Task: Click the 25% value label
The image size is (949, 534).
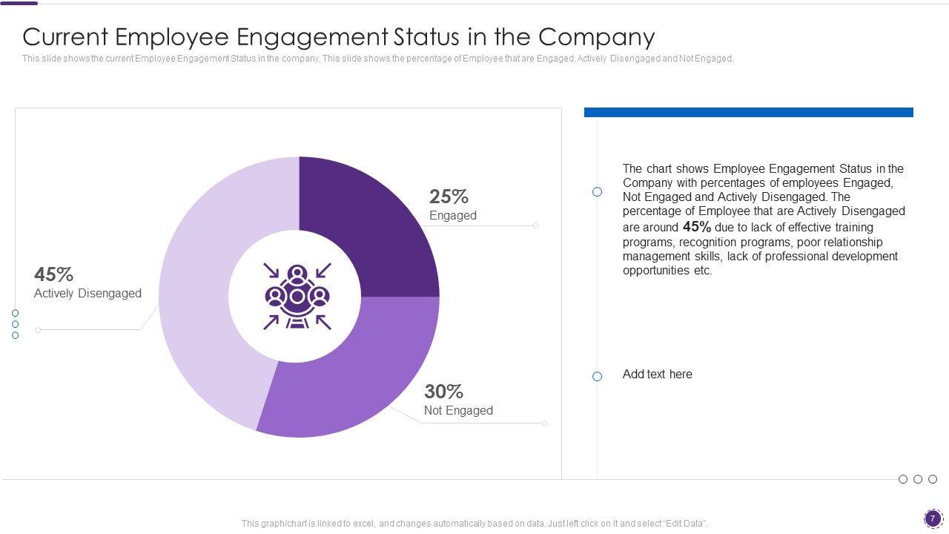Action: pyautogui.click(x=449, y=197)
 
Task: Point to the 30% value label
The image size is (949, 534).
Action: pyautogui.click(x=443, y=391)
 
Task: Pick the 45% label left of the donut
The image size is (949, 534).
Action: pyautogui.click(x=53, y=274)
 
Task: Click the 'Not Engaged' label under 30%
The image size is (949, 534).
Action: pyautogui.click(x=458, y=410)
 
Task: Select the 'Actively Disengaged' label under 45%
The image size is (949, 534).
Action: pyautogui.click(x=87, y=293)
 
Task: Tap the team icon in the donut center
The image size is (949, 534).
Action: pyautogui.click(x=297, y=297)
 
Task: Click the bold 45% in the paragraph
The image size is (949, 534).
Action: pyautogui.click(x=697, y=227)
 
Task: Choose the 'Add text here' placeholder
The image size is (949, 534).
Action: pyautogui.click(x=657, y=374)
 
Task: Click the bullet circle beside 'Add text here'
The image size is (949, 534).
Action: pyautogui.click(x=597, y=377)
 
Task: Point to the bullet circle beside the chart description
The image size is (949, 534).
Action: pyautogui.click(x=597, y=192)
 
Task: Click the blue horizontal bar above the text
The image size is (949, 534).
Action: pyautogui.click(x=748, y=112)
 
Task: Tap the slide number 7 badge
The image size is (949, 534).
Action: pyautogui.click(x=933, y=518)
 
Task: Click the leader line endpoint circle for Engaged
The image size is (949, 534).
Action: pyautogui.click(x=535, y=225)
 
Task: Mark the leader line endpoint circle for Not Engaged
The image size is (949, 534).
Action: pyautogui.click(x=545, y=423)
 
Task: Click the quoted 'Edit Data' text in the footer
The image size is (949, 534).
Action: pyautogui.click(x=684, y=524)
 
